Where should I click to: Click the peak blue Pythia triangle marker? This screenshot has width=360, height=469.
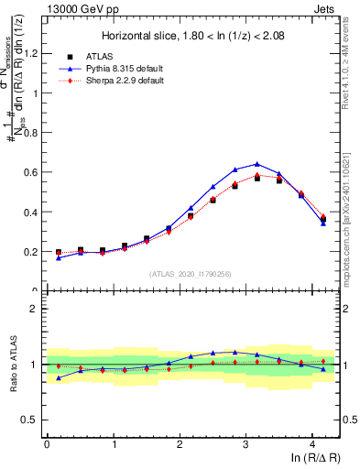(x=257, y=164)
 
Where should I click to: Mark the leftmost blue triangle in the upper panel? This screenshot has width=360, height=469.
(x=59, y=257)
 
